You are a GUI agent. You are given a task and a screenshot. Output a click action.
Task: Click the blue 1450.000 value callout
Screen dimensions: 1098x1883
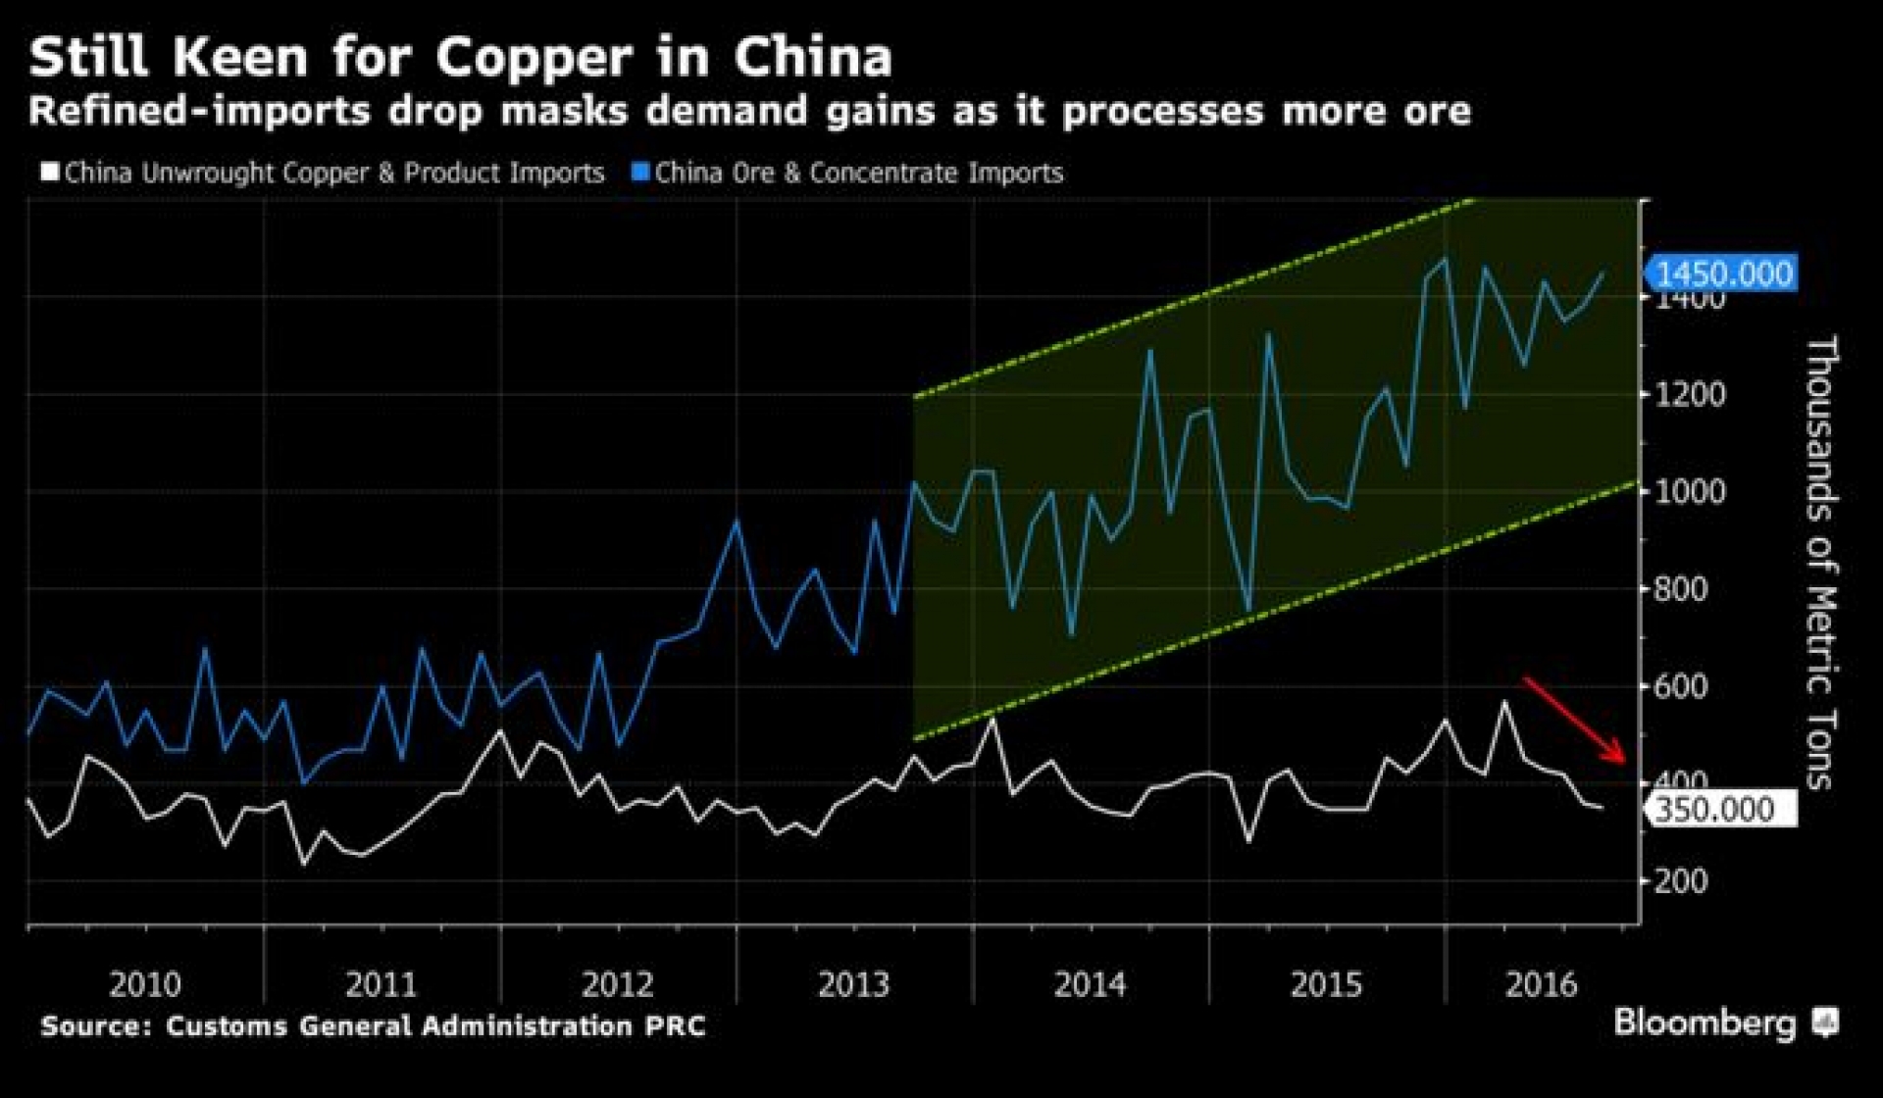pos(1722,274)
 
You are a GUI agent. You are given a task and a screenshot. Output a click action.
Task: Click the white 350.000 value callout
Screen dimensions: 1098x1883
pos(1722,810)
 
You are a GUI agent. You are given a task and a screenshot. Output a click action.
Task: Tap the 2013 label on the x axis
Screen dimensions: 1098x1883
pos(853,983)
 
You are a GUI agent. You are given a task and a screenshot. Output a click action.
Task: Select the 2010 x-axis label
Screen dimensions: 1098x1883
pos(145,983)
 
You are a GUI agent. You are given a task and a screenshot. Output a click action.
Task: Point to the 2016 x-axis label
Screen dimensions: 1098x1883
pos(1541,983)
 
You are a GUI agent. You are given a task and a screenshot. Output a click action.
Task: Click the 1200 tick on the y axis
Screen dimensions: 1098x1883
pos(1690,394)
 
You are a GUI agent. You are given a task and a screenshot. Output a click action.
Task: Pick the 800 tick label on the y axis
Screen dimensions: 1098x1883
pos(1681,589)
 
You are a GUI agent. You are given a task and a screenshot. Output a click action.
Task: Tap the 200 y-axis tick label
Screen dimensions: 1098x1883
pos(1681,881)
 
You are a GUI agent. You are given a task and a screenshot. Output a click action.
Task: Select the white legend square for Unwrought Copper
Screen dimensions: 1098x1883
pos(50,173)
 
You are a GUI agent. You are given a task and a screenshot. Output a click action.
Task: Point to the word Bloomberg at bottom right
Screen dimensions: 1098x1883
pos(1705,1023)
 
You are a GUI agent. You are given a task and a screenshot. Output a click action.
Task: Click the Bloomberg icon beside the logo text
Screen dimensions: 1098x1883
pos(1825,1023)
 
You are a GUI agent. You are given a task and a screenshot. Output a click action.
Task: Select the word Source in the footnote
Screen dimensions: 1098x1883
pos(96,1026)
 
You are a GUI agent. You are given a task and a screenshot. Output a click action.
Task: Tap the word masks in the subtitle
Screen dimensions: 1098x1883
pos(564,111)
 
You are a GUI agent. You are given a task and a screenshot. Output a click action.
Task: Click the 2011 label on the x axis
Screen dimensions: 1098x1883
pos(382,983)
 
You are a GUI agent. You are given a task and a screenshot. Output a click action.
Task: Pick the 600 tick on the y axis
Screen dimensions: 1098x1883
pos(1681,686)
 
